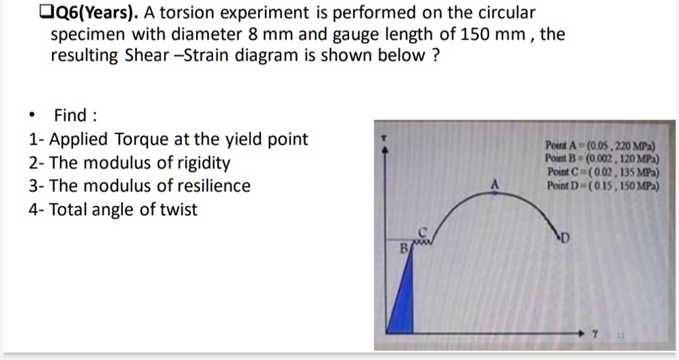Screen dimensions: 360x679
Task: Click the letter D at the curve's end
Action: pyautogui.click(x=565, y=238)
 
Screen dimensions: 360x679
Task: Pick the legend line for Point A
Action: pyautogui.click(x=600, y=145)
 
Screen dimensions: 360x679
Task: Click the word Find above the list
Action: pyautogui.click(x=71, y=115)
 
